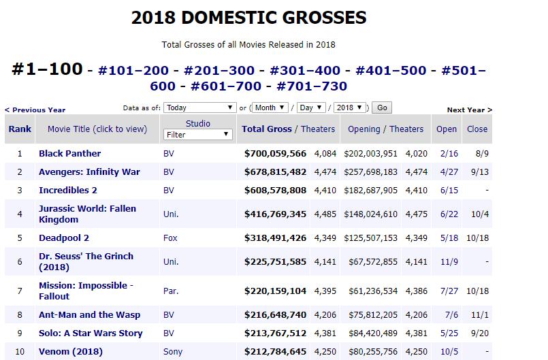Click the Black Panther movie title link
(69, 153)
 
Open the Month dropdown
(270, 108)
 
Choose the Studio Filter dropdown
(197, 135)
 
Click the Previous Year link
(35, 110)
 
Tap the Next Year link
(469, 110)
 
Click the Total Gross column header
(266, 129)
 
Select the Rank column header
(20, 129)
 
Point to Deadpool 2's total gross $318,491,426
(275, 238)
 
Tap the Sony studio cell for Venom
(173, 352)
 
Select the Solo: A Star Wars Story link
(91, 333)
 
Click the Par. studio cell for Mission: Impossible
(171, 291)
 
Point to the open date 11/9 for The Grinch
(447, 261)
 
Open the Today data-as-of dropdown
(200, 108)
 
